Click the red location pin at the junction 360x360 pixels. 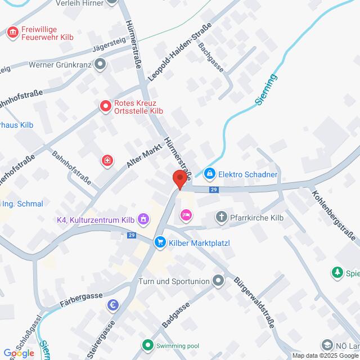(179, 179)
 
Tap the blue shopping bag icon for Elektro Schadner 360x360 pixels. (210, 174)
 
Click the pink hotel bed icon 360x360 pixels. (186, 214)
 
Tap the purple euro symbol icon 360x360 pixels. (113, 305)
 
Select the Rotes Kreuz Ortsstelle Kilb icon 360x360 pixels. (105, 106)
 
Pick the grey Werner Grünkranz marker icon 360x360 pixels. (101, 65)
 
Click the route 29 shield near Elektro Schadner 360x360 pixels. (214, 190)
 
